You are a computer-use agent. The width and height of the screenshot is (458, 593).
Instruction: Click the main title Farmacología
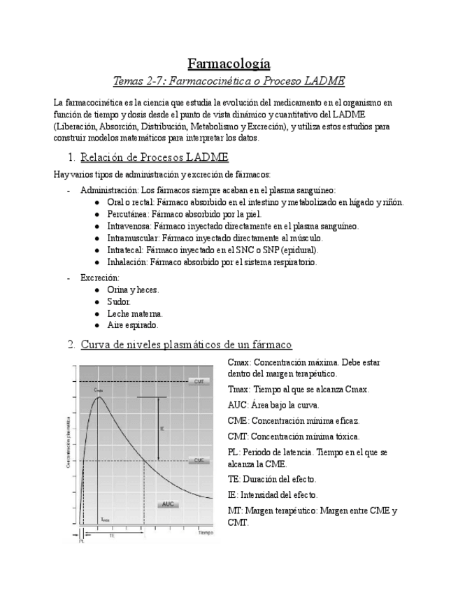click(x=229, y=64)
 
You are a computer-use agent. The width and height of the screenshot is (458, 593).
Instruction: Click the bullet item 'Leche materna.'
click(x=135, y=313)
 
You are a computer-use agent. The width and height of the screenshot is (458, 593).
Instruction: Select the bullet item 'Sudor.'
click(x=119, y=301)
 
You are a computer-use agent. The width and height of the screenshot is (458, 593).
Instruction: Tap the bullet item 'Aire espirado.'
click(x=133, y=325)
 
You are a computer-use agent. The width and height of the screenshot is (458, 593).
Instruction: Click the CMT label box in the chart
click(x=199, y=381)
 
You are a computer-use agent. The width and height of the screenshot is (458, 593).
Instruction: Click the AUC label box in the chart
click(x=168, y=503)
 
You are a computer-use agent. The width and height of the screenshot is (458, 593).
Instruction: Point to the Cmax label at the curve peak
click(x=99, y=390)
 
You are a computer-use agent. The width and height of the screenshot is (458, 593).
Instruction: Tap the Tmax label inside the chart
click(x=105, y=520)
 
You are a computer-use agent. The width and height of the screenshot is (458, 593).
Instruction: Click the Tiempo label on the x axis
click(x=205, y=533)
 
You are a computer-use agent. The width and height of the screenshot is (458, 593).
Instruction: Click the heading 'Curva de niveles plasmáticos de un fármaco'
click(x=186, y=344)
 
